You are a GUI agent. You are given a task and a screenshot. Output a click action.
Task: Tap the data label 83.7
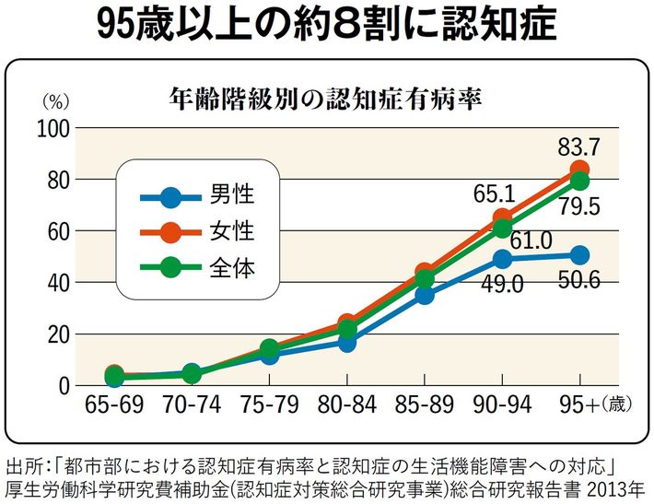pyautogui.click(x=580, y=145)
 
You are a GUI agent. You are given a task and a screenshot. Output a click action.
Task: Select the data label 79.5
pyautogui.click(x=580, y=207)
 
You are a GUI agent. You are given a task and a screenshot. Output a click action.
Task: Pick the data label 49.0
pyautogui.click(x=501, y=285)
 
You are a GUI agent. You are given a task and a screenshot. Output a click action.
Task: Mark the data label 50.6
pyautogui.click(x=580, y=280)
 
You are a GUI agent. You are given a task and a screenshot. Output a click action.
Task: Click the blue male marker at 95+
pyautogui.click(x=579, y=254)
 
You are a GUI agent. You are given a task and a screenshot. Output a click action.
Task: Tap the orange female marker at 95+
pyautogui.click(x=579, y=170)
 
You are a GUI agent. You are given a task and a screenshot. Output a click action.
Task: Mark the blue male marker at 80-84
pyautogui.click(x=347, y=342)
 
